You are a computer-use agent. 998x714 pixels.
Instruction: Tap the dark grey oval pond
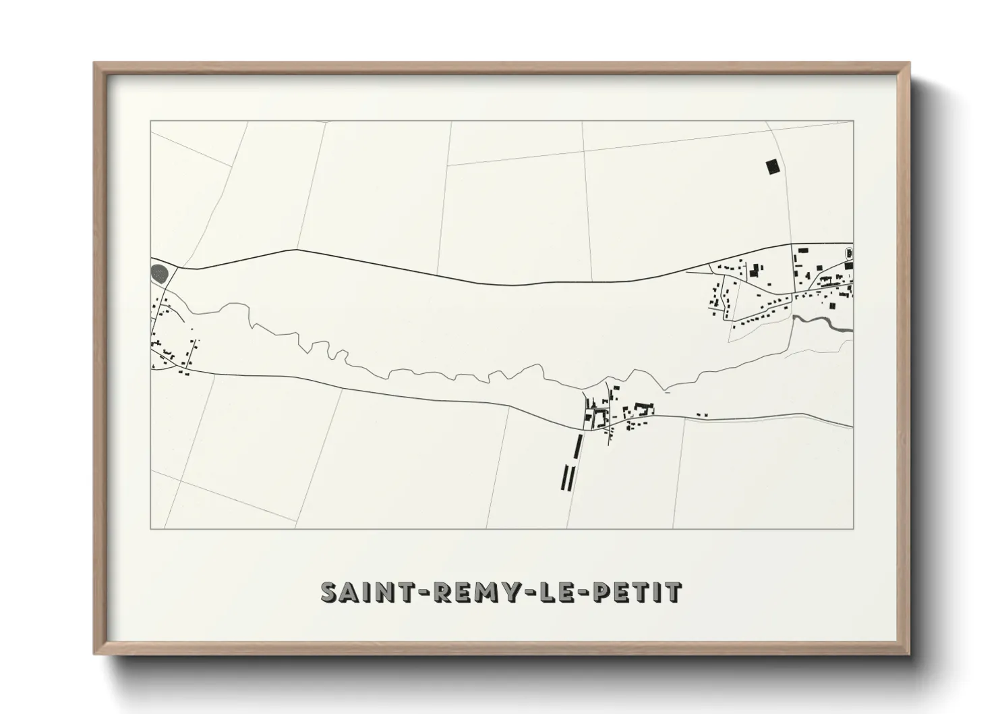click(x=160, y=273)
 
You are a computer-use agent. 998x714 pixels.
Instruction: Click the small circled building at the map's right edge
click(x=849, y=253)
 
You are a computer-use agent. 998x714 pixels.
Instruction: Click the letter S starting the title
click(x=328, y=592)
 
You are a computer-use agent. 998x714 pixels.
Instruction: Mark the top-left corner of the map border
click(x=150, y=121)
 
